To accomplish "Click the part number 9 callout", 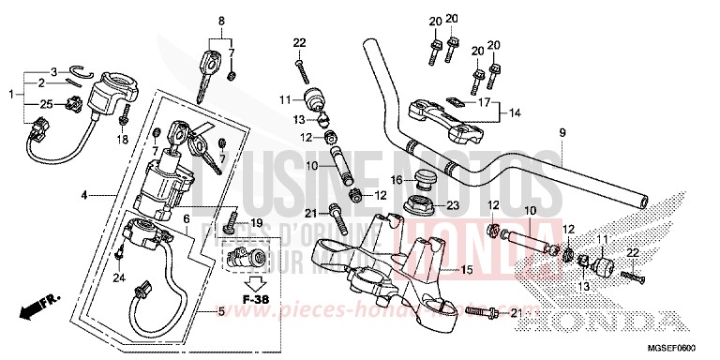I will tap(562, 133).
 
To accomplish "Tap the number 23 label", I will tap(452, 204).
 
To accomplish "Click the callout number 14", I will tap(514, 113).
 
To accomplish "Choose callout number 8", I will tap(222, 21).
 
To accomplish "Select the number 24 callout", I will tap(118, 277).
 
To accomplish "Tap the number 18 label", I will tap(121, 140).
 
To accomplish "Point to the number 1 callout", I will tap(10, 94).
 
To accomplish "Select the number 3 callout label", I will tap(54, 71).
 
